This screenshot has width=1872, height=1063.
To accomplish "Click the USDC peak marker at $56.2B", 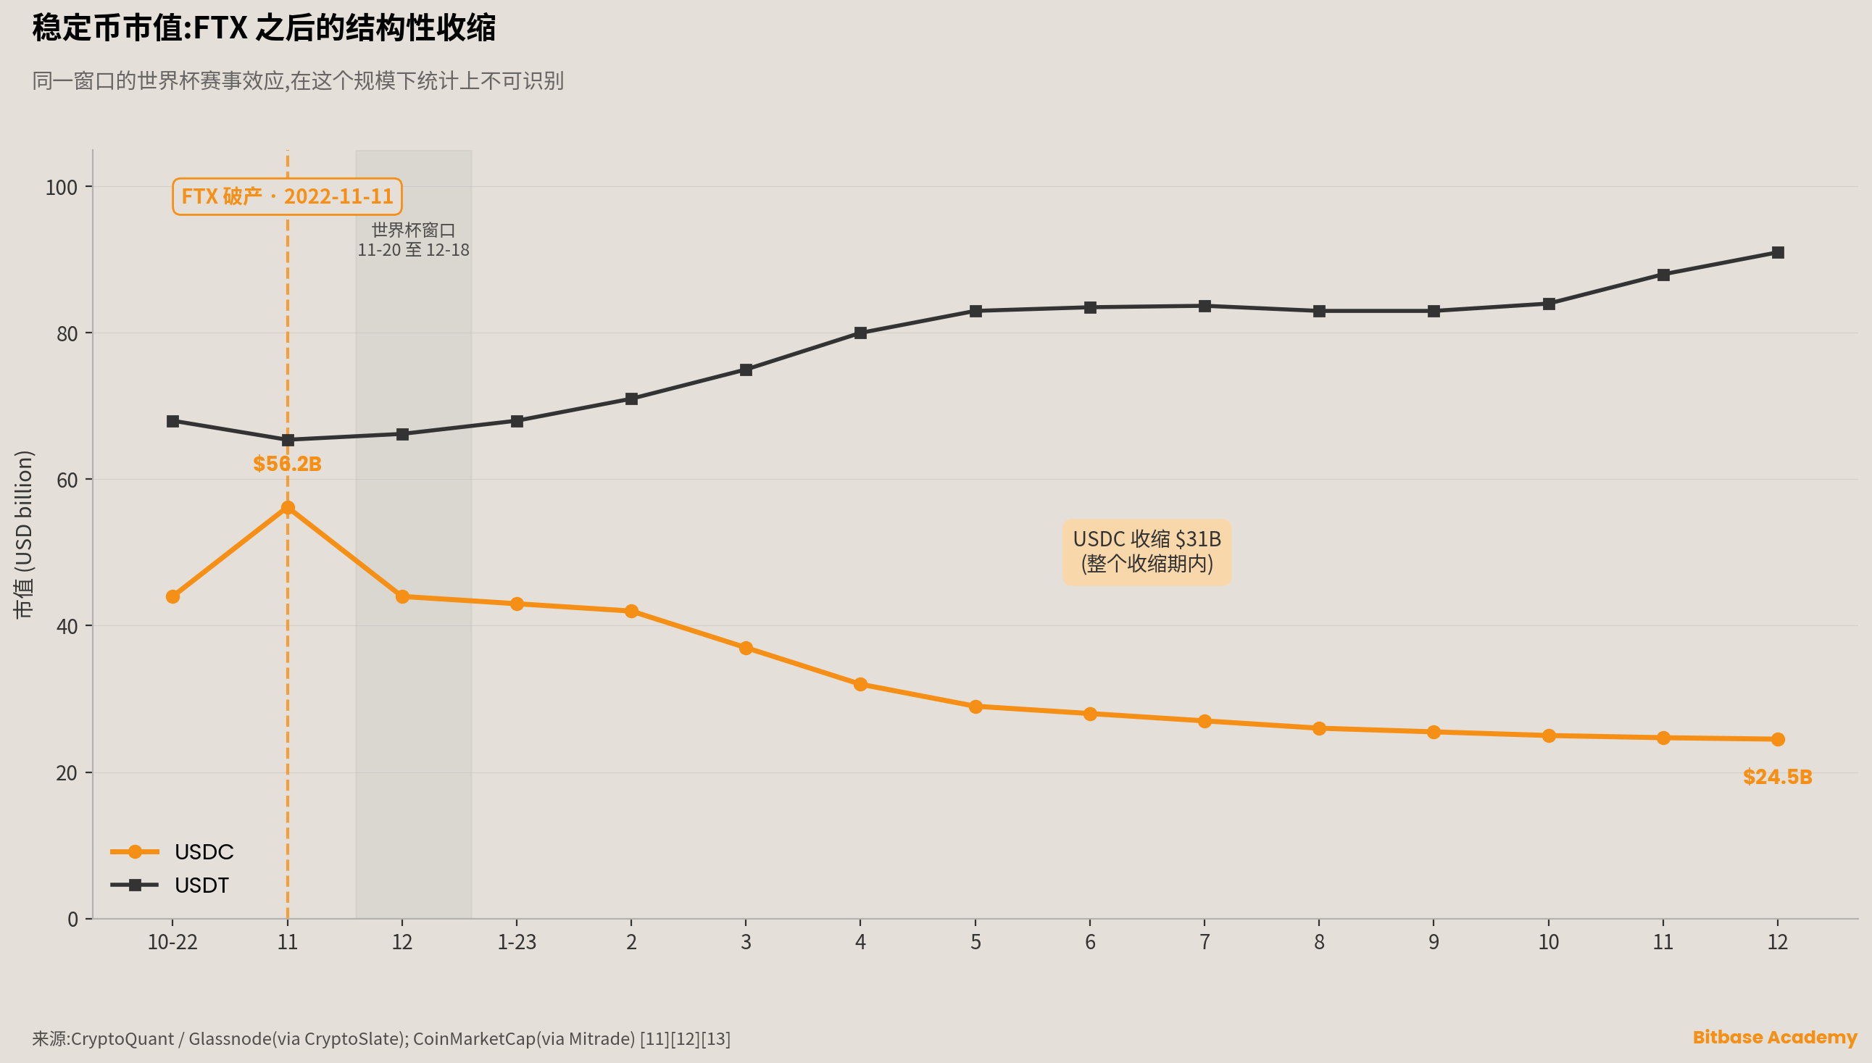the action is [288, 507].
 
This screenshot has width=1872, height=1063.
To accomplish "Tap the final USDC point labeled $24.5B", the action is [1778, 740].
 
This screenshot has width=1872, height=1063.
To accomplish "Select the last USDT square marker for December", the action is [1778, 253].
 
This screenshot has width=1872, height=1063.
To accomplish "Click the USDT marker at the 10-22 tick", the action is [173, 421].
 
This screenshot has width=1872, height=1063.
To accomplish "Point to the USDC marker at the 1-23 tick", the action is [517, 604].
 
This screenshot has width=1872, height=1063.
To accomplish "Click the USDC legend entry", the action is [172, 852].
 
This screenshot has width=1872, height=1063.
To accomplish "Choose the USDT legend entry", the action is [170, 885].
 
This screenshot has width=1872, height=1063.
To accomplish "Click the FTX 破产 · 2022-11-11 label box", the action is [287, 196].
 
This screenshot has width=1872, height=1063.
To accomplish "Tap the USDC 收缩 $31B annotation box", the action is [1147, 552].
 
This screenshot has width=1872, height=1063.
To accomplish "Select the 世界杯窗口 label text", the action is [413, 230].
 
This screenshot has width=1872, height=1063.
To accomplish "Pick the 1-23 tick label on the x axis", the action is [517, 942].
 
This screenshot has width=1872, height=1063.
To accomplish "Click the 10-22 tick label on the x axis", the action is [173, 942].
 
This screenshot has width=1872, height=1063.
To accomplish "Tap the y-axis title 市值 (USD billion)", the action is [23, 535].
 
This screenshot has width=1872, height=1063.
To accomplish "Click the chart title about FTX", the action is [265, 28].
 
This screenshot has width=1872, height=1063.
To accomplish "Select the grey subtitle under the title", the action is [298, 80].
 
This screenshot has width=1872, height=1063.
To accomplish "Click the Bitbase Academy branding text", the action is [1775, 1038].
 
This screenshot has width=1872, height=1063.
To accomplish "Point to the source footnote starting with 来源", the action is [381, 1038].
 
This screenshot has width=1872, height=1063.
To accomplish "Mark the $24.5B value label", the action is [1778, 777].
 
